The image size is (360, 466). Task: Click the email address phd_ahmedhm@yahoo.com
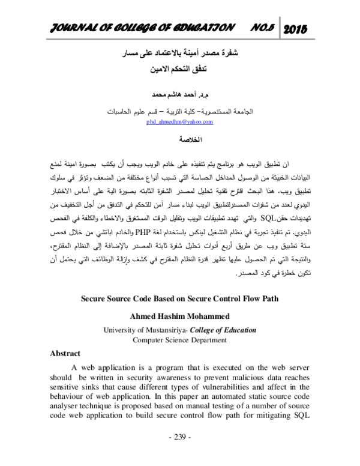coord(179,122)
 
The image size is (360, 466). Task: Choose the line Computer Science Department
coord(180,339)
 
